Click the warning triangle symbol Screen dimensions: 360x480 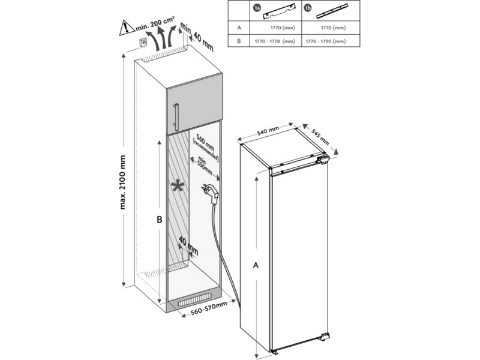point(125,26)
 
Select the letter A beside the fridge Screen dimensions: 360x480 point(256,263)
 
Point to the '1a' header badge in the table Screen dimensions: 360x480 point(256,9)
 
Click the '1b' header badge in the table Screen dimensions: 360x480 point(308,9)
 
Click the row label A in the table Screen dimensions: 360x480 point(239,28)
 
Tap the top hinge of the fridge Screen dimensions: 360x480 point(323,160)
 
